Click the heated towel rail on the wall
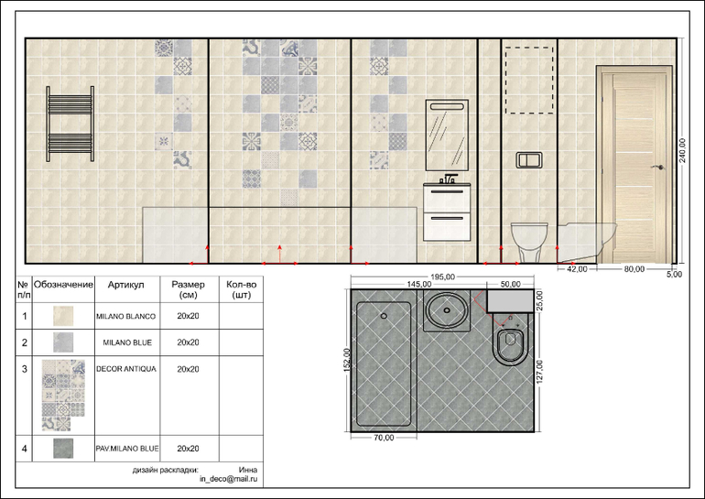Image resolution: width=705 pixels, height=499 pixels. pos(70,125)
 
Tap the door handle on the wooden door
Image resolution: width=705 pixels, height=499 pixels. pos(658,168)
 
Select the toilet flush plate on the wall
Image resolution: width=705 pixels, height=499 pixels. pos(529,160)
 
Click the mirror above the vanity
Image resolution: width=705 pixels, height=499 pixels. pos(447,135)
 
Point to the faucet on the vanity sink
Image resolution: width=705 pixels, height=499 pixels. pos(449,179)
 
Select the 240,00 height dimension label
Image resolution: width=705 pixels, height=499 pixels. pos(682,150)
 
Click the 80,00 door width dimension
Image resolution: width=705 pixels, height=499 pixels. pos(634,269)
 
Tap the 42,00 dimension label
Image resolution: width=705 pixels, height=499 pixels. pos(577,269)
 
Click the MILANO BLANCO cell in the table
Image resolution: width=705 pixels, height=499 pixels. pos(126,316)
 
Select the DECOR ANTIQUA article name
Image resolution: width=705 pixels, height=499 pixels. pos(126,369)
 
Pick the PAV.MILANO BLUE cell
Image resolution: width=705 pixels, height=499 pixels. pos(126,449)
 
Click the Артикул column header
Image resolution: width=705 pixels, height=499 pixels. pos(126,285)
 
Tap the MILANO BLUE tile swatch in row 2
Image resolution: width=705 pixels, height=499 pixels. pos(63,342)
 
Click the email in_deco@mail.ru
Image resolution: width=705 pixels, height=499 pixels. pos(228,479)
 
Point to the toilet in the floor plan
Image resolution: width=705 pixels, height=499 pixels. pos(510,344)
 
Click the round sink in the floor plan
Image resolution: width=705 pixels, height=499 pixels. pos(447,310)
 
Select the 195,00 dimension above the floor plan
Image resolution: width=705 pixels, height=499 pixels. pos(442,277)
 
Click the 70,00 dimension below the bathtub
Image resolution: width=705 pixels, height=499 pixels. pos(384,438)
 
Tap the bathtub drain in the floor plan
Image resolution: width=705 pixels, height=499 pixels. pos(384,316)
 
